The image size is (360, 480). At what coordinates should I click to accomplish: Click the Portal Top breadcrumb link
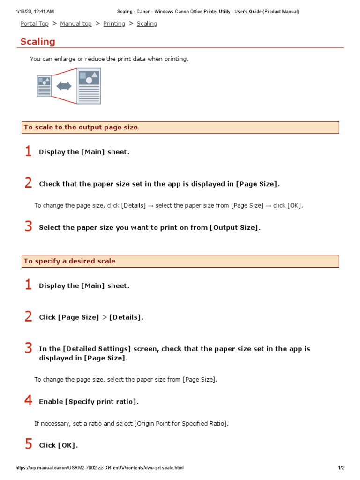[34, 23]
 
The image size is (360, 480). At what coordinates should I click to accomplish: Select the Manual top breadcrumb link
[75, 23]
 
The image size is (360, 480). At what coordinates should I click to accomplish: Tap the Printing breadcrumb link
[114, 23]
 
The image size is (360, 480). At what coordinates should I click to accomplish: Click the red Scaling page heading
[37, 42]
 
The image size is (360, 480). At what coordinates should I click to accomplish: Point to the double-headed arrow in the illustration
[64, 86]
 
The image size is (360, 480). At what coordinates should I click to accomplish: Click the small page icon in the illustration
[44, 86]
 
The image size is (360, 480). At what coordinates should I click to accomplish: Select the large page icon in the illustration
[89, 86]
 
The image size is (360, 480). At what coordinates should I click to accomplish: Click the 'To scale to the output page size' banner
[180, 127]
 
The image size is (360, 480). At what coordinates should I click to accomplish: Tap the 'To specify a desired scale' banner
[180, 261]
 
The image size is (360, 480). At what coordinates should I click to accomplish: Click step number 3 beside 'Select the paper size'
[28, 227]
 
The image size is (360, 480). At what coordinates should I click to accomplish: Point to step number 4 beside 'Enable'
[28, 401]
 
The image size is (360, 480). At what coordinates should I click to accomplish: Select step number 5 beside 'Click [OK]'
[28, 444]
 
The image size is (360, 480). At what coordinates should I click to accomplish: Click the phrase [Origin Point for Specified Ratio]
[181, 423]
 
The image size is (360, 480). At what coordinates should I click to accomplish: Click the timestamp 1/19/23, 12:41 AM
[35, 11]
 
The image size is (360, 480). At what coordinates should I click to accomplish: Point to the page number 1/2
[341, 468]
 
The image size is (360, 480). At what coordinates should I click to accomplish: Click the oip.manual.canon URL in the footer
[99, 468]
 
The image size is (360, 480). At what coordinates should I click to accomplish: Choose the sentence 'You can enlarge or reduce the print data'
[109, 59]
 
